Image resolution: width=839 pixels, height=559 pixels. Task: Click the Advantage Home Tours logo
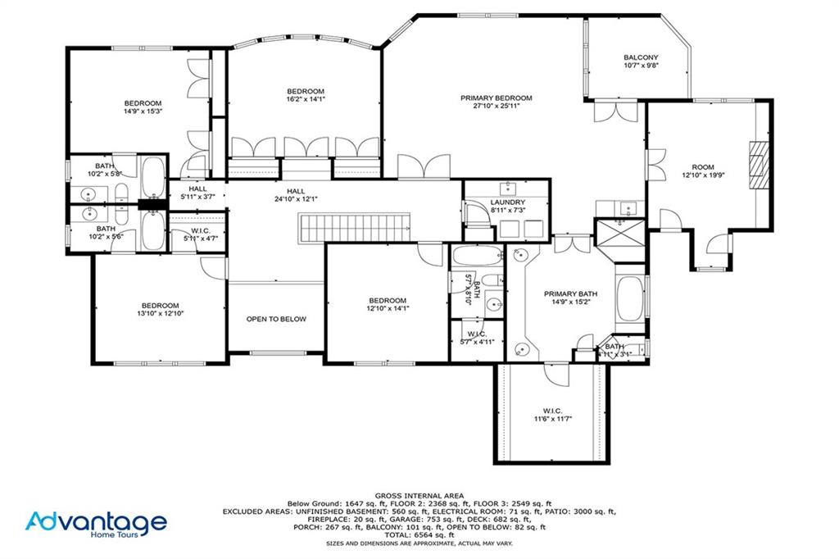[x=96, y=525]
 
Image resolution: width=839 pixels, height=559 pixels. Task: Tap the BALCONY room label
[x=641, y=57]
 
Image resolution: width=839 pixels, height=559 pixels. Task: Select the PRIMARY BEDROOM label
[x=502, y=98]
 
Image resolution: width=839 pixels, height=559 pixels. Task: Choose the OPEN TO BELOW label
[x=276, y=319]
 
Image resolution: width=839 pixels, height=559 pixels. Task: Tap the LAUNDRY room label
[x=506, y=202]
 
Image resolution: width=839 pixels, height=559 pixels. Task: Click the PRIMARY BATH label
[x=571, y=293]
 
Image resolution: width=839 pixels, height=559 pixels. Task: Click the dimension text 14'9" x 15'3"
[x=143, y=111]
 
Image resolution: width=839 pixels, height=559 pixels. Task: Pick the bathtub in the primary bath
[x=630, y=299]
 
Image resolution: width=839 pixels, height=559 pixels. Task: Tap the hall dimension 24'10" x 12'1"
[x=296, y=198]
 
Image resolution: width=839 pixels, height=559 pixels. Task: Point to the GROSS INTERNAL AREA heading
[x=419, y=495]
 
